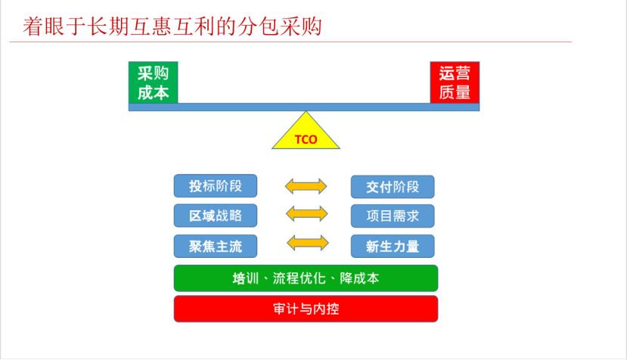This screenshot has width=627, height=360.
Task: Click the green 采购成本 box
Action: [153, 82]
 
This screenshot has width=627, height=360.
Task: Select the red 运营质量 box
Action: [455, 82]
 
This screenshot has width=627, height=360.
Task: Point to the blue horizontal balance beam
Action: [304, 107]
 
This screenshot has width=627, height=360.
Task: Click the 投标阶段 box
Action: [216, 186]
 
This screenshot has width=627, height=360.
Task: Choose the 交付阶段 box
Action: [393, 187]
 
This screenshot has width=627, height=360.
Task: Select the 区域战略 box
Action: [216, 216]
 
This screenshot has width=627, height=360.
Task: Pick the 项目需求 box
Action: [393, 216]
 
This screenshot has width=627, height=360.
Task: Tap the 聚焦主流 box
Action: [216, 246]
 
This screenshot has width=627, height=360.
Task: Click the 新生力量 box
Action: [393, 246]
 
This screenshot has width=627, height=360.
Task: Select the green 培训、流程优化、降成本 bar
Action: [306, 278]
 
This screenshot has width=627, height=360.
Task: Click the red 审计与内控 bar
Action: [306, 309]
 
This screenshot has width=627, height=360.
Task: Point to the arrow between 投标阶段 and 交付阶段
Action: [306, 186]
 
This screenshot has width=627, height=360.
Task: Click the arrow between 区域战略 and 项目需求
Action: [307, 213]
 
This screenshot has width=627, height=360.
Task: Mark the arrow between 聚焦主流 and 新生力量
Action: [308, 243]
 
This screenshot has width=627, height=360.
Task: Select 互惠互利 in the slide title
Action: [172, 26]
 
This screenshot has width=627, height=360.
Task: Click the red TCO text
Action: [306, 140]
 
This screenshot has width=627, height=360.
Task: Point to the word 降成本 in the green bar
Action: [359, 278]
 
